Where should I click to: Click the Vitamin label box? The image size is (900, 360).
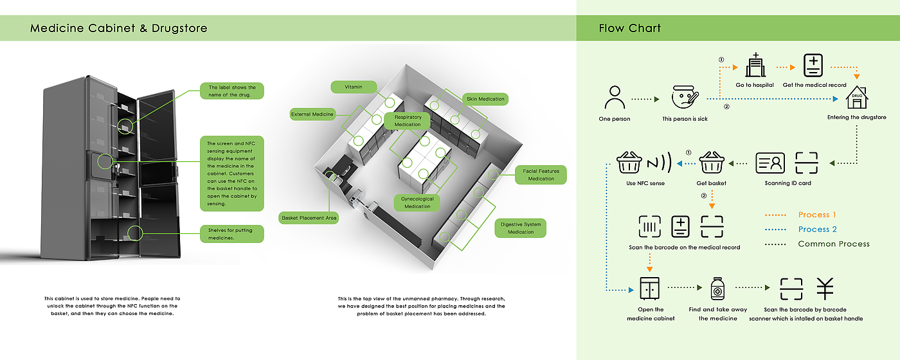click(x=353, y=86)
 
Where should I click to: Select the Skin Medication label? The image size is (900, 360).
click(x=485, y=99)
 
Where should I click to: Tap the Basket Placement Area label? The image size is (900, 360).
click(x=309, y=218)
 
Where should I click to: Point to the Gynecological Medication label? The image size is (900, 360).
click(x=417, y=203)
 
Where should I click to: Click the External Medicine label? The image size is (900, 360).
click(x=312, y=114)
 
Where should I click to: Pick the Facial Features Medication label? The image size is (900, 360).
click(x=541, y=175)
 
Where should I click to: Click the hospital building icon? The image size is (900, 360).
click(x=755, y=66)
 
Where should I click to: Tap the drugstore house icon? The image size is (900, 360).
click(x=856, y=98)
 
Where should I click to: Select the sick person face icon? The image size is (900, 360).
click(x=685, y=98)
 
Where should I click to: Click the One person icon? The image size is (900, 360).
click(x=615, y=98)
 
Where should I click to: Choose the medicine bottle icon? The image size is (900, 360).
click(x=717, y=289)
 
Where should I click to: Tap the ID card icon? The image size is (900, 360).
click(x=770, y=164)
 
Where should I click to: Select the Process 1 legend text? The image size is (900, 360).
click(x=817, y=215)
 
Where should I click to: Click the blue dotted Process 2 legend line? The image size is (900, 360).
click(x=777, y=230)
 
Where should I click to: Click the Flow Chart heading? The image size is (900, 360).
click(x=629, y=28)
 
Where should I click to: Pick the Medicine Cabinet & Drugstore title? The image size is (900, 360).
click(x=119, y=29)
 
